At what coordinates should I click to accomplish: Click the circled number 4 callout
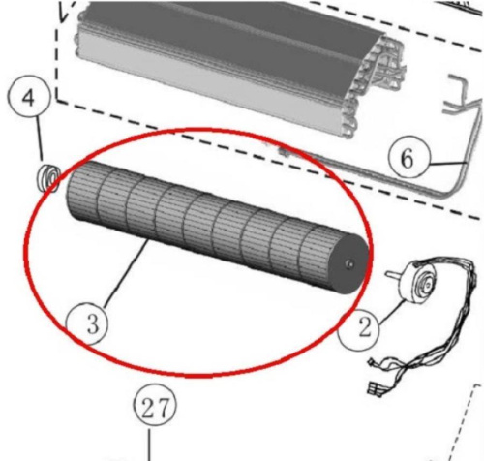click(29, 98)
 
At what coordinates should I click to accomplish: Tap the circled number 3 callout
click(86, 323)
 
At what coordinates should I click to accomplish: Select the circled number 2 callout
click(359, 328)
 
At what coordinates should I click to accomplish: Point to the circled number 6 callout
click(409, 158)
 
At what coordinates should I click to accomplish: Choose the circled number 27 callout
click(155, 407)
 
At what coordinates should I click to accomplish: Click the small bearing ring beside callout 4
click(49, 178)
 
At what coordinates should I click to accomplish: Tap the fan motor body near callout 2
click(419, 280)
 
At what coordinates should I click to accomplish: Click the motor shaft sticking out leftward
click(393, 275)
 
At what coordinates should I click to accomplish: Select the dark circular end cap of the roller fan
click(349, 264)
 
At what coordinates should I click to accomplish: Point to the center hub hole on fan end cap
click(349, 264)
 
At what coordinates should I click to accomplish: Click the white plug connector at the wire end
click(375, 388)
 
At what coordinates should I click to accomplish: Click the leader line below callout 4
click(41, 139)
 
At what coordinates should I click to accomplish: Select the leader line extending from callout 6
click(448, 164)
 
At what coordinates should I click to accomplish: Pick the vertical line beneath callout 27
click(149, 445)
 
